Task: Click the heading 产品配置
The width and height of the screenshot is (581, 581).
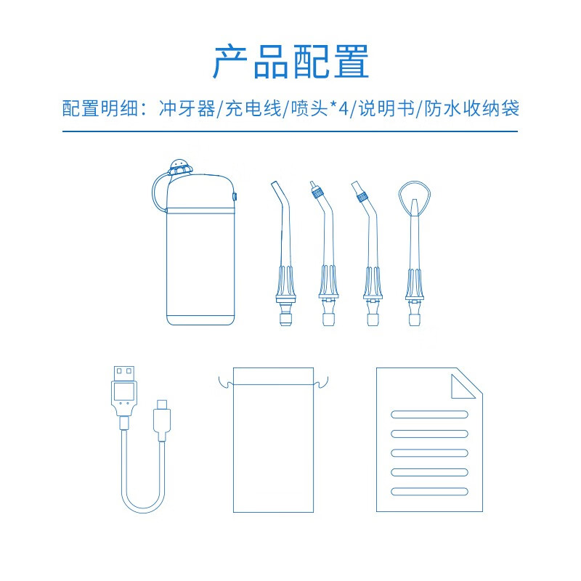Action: [x=291, y=62]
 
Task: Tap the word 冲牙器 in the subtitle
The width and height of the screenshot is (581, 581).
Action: [x=187, y=108]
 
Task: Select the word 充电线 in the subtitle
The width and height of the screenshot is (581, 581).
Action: [x=253, y=108]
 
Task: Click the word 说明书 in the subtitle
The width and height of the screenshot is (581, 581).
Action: [x=386, y=108]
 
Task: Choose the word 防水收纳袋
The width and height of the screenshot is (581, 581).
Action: [x=471, y=108]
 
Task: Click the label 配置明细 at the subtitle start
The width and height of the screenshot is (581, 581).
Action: [x=99, y=108]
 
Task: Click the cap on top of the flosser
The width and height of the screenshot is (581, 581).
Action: [x=181, y=167]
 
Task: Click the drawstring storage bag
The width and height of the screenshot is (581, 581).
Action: [x=274, y=440]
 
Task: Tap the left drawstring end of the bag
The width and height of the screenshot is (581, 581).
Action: [x=225, y=383]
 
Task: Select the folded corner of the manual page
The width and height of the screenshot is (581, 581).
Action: [x=463, y=386]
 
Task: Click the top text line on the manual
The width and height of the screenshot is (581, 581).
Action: [x=429, y=414]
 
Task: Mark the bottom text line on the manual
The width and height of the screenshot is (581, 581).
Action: [x=429, y=492]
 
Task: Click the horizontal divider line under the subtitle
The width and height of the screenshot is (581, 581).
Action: [x=290, y=131]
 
